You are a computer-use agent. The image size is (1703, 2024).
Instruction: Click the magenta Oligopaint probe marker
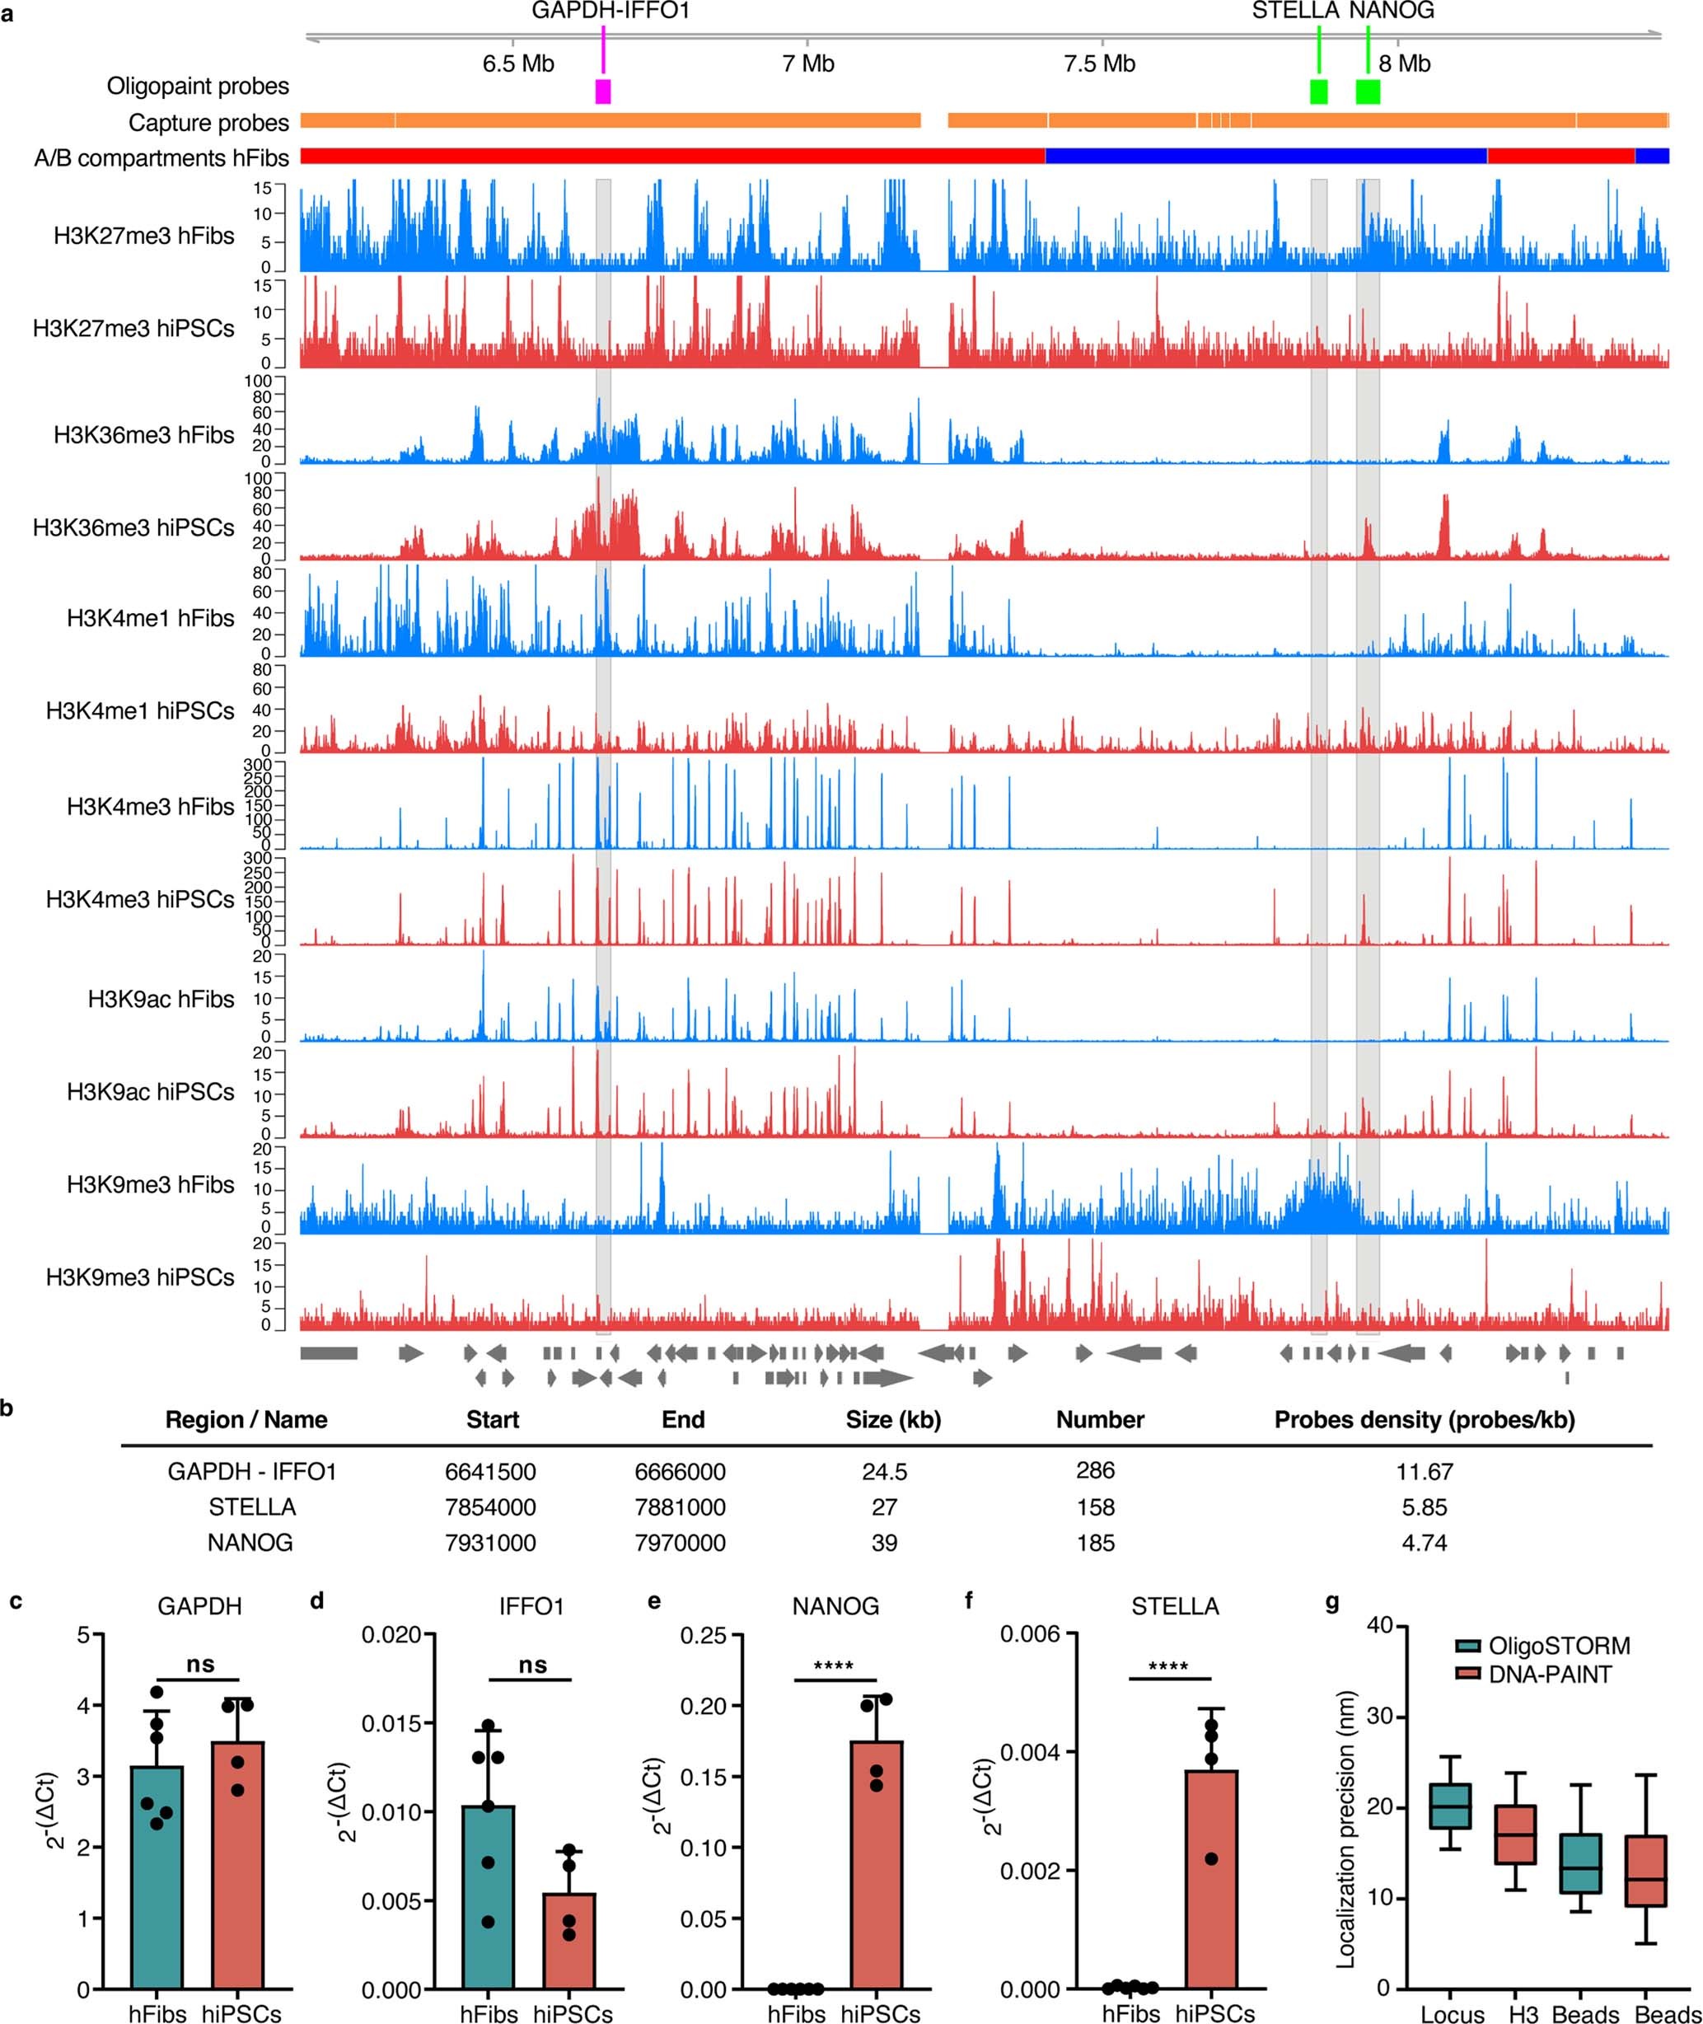click(x=603, y=91)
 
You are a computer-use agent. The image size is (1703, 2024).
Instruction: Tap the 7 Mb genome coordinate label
click(x=808, y=63)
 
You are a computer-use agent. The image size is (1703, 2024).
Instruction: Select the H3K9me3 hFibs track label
click(x=150, y=1185)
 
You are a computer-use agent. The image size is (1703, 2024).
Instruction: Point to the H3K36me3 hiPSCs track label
click(x=133, y=528)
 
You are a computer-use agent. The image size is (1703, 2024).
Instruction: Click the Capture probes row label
click(x=208, y=123)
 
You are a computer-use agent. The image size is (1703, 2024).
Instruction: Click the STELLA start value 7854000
click(x=490, y=1507)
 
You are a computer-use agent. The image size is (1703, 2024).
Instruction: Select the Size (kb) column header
click(x=893, y=1419)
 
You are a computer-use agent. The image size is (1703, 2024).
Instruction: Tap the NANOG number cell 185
click(x=1095, y=1543)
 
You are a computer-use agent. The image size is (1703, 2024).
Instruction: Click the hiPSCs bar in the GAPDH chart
click(x=237, y=1878)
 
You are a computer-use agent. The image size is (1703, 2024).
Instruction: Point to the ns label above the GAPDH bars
click(x=201, y=1665)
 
